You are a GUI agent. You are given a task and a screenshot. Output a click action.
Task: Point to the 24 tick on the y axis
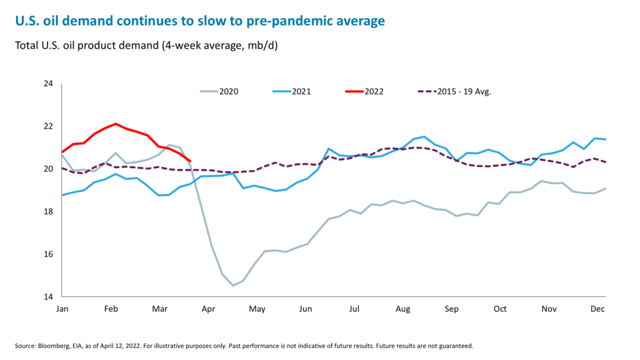coord(48,84)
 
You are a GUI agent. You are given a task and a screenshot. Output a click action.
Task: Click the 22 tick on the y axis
coord(48,126)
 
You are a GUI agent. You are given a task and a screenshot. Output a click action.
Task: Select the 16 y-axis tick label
coord(48,254)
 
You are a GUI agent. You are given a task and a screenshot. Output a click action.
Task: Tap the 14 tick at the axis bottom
coord(48,297)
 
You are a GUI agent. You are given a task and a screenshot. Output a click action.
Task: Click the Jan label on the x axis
coord(62,309)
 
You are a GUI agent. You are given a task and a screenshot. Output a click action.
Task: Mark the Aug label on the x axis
coord(403,309)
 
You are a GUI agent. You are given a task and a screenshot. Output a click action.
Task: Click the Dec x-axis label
coord(598,309)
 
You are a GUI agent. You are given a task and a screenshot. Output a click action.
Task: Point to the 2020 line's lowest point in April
coord(233,286)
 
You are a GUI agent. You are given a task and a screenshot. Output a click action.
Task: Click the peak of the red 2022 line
coord(116,124)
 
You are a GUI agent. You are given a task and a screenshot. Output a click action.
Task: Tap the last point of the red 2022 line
coord(190,161)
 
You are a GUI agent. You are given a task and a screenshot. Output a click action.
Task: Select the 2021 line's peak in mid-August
coord(424,136)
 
